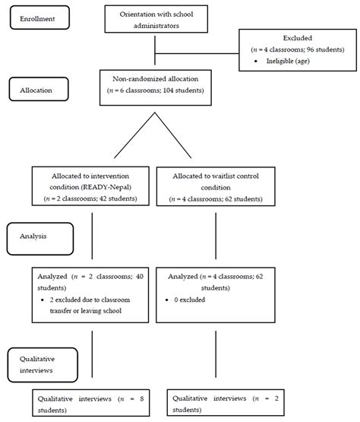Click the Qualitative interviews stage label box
(x=43, y=365)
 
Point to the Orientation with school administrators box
(x=156, y=19)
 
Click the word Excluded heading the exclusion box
(x=298, y=38)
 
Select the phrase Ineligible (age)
(x=288, y=61)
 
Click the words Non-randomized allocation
(x=156, y=79)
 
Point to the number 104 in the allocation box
(x=168, y=90)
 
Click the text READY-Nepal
(x=106, y=187)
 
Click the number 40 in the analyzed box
(x=140, y=277)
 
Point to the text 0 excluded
(x=190, y=300)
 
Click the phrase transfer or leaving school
(x=86, y=311)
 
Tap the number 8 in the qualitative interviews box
(x=142, y=398)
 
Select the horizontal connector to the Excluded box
(x=197, y=53)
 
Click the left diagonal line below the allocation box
(x=134, y=135)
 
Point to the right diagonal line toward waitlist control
(x=173, y=135)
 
